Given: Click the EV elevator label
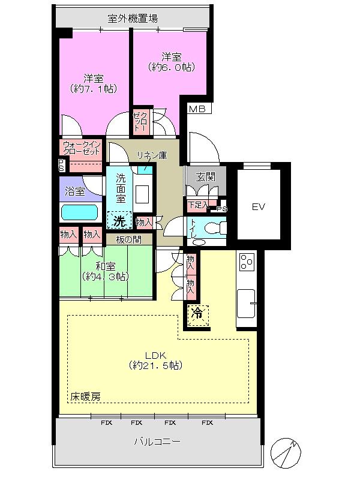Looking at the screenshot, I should [x=258, y=207].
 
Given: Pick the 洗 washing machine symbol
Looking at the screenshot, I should [x=120, y=221].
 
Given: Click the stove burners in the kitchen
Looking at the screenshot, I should [x=247, y=263].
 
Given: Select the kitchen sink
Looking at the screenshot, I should [x=246, y=303].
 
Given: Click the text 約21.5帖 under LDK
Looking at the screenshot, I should [x=155, y=365].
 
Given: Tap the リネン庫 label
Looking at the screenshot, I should [x=151, y=155].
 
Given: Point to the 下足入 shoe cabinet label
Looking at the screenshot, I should [x=197, y=205].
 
